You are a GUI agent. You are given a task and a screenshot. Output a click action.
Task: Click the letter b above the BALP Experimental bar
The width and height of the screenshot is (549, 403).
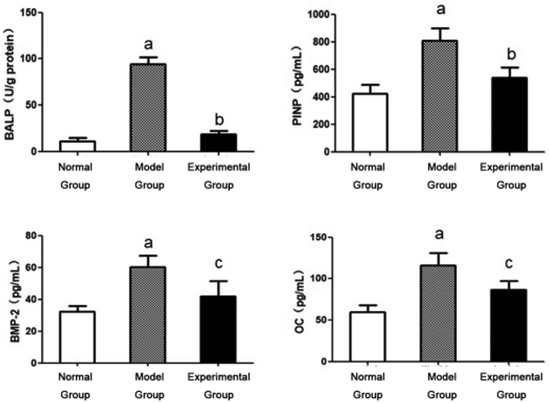[219, 119]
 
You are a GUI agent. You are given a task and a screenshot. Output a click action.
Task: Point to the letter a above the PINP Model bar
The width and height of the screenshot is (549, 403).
[441, 9]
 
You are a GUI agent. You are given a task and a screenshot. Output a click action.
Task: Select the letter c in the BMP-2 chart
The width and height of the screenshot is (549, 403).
[219, 263]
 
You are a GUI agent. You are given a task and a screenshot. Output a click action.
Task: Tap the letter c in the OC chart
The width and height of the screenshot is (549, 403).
[509, 263]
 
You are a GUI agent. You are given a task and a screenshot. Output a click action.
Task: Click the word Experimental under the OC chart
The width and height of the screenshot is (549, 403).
[511, 377]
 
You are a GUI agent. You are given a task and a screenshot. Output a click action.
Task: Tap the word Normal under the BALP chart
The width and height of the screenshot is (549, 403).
[75, 167]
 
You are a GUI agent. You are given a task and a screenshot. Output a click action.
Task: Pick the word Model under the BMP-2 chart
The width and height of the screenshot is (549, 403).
[149, 377]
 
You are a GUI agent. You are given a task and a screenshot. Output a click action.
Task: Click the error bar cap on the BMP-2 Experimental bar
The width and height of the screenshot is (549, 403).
[218, 281]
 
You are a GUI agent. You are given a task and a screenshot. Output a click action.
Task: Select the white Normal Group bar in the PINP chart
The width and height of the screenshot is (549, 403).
[370, 123]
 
